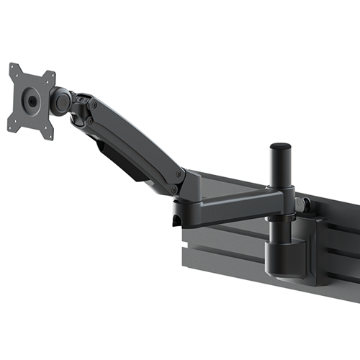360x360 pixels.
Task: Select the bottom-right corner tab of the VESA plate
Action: tap(49, 134)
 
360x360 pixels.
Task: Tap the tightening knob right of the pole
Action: tap(305, 206)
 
